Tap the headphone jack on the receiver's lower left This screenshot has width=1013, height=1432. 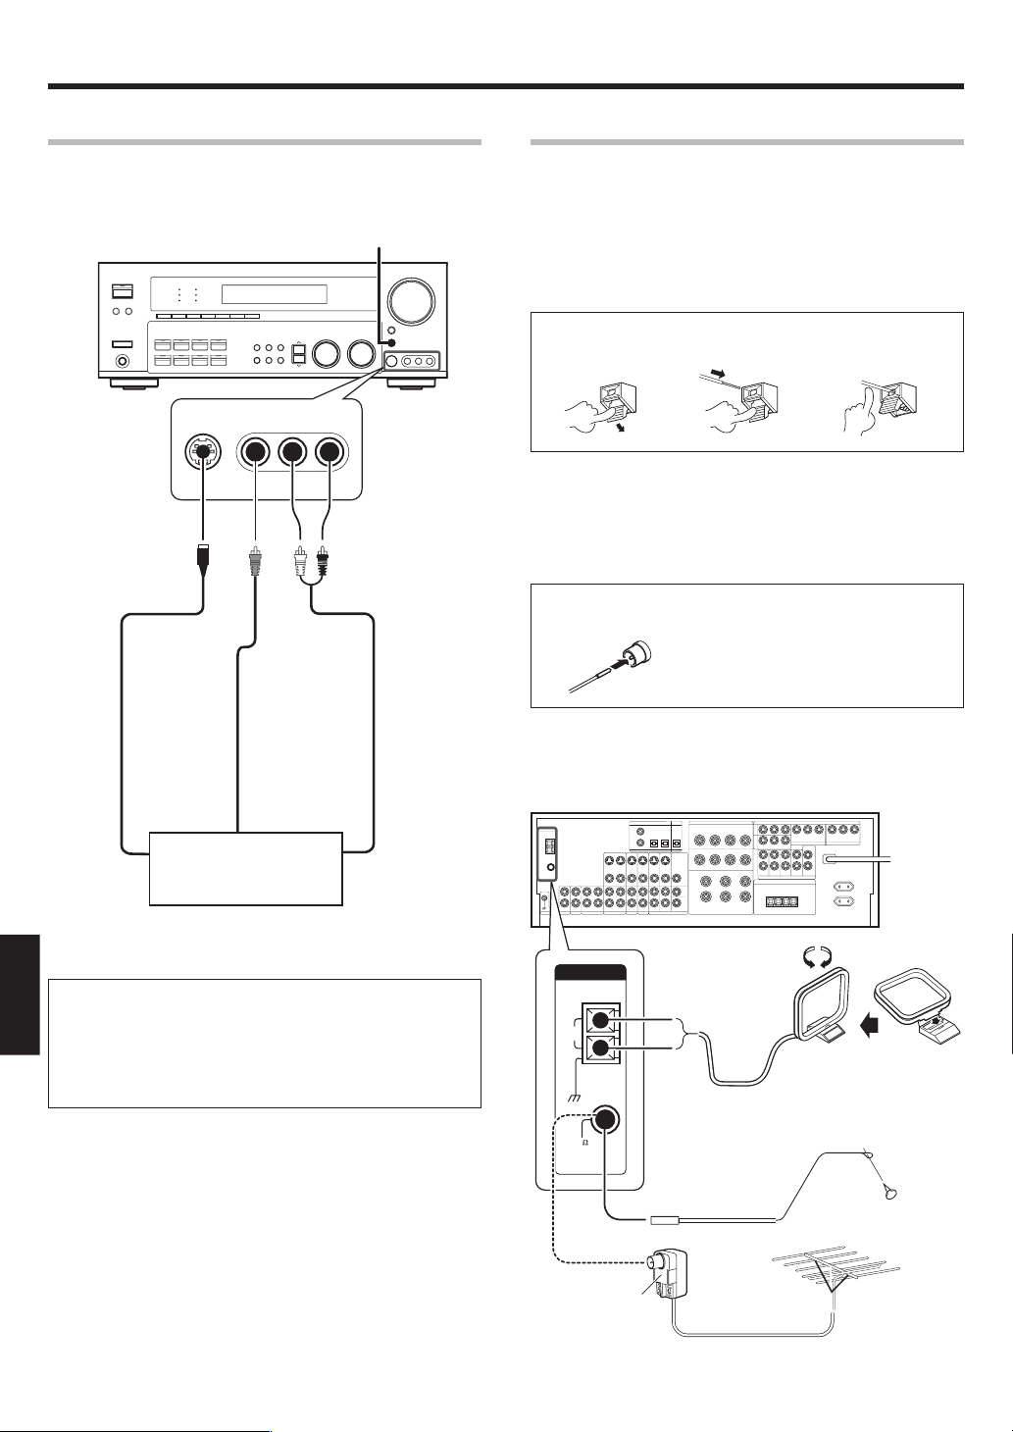pyautogui.click(x=123, y=362)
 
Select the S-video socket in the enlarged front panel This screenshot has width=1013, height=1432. pyautogui.click(x=203, y=452)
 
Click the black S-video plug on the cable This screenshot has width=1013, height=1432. pyautogui.click(x=202, y=562)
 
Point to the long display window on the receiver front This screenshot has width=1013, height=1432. pyautogui.click(x=274, y=294)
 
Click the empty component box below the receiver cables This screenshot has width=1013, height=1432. pyautogui.click(x=245, y=869)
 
